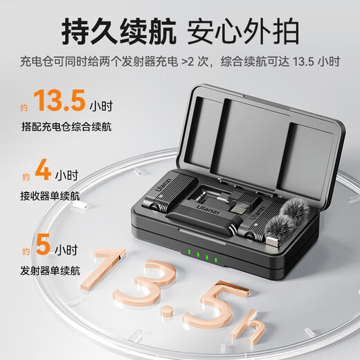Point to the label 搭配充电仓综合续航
(x=66, y=127)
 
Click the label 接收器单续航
(x=50, y=196)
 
